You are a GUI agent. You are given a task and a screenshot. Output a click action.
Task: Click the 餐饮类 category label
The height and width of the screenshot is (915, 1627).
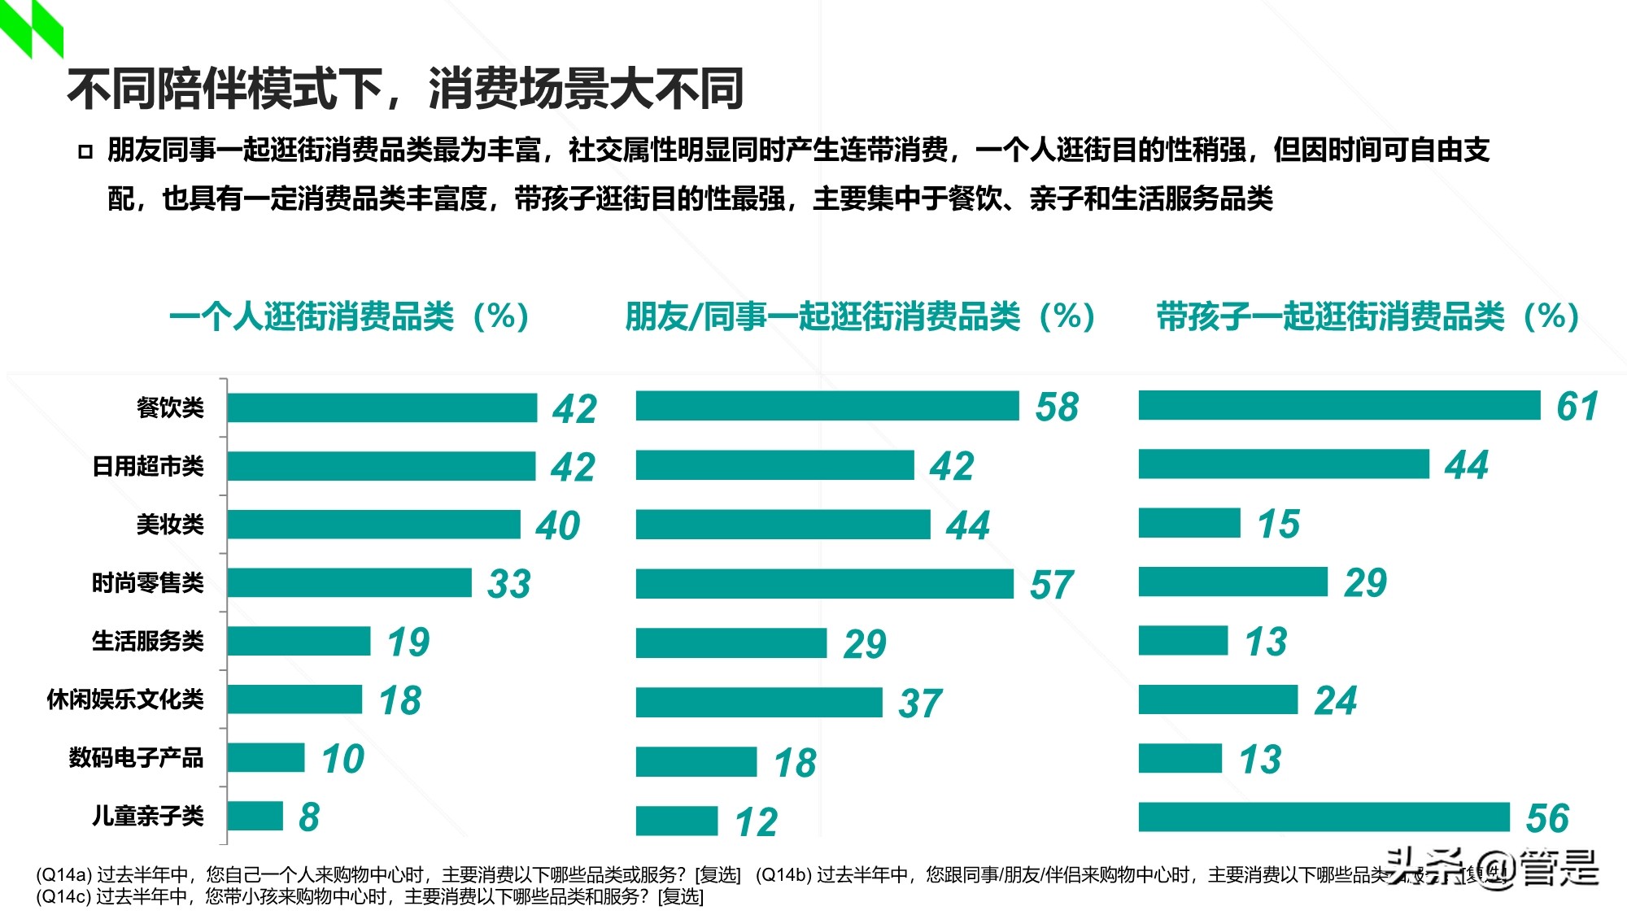[170, 407]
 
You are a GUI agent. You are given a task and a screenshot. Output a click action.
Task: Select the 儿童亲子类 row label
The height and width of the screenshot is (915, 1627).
[147, 816]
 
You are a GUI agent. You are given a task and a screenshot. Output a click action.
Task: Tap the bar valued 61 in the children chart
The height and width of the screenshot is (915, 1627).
[1339, 405]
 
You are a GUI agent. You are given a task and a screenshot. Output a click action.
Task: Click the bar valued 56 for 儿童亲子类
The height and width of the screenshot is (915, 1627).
[1324, 817]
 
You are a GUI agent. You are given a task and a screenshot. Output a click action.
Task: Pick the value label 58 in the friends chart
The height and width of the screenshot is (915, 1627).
[1057, 407]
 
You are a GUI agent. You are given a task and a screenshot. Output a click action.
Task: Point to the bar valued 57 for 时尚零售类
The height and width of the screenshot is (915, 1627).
[824, 584]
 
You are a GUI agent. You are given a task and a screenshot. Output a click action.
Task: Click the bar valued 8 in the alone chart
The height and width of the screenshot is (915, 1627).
[255, 816]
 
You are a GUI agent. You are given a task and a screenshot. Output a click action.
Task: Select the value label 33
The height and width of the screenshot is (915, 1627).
[508, 584]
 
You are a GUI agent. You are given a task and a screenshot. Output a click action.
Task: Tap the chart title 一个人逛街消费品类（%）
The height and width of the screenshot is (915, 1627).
[350, 316]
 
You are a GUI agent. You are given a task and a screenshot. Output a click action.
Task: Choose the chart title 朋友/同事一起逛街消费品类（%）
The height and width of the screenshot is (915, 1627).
[861, 316]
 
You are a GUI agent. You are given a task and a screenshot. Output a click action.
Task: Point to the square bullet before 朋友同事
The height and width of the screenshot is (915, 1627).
[85, 151]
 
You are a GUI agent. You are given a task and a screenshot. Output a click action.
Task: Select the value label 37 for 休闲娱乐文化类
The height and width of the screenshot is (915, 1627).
[919, 704]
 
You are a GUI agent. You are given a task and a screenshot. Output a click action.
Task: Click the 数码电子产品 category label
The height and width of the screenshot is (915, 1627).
[136, 758]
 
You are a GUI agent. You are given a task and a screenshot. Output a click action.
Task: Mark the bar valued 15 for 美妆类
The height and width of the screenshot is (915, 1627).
[1189, 523]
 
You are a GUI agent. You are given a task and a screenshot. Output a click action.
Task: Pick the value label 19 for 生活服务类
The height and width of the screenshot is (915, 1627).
[408, 643]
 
